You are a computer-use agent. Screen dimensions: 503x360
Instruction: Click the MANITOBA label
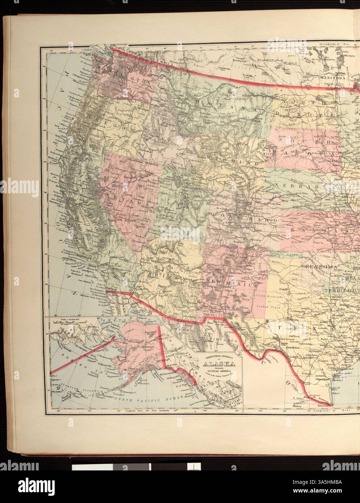tap(330, 77)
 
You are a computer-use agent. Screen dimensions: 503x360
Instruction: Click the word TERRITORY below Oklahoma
tap(341, 290)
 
